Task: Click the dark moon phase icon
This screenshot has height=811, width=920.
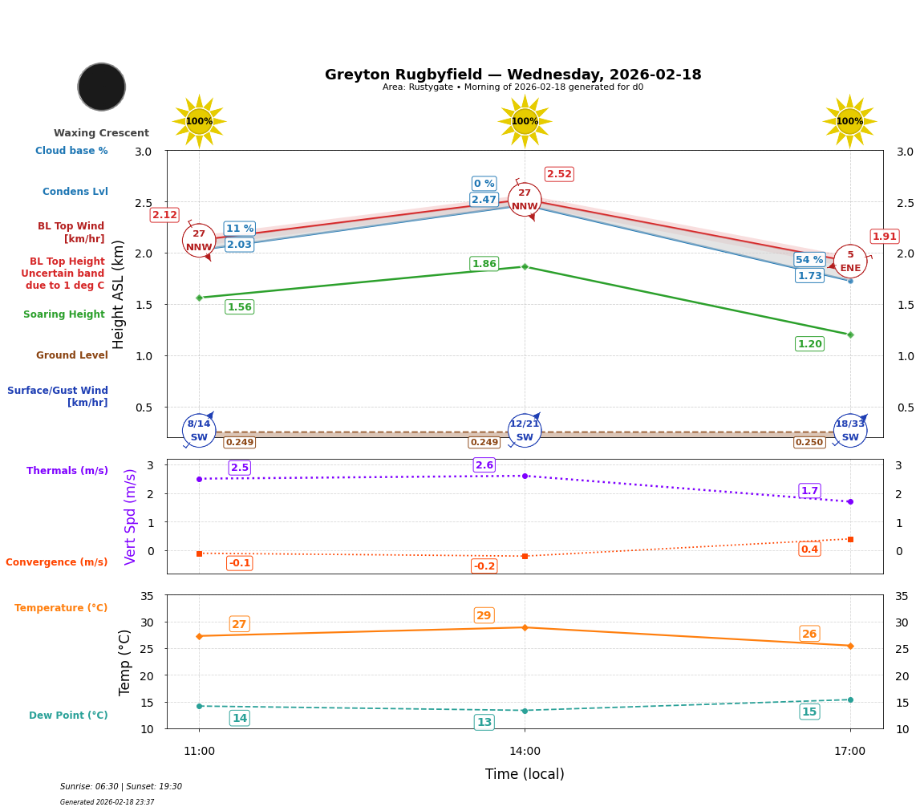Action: pos(102,87)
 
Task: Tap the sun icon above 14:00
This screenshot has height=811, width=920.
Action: pos(525,121)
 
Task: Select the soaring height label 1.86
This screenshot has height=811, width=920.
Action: pos(484,264)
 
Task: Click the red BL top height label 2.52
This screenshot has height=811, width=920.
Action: pos(559,174)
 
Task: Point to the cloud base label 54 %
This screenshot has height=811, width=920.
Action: pos(809,259)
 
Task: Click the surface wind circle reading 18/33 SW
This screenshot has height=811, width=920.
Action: pos(850,431)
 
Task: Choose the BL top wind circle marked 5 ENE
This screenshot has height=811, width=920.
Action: pos(850,262)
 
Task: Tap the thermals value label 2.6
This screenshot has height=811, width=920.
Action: pos(484,465)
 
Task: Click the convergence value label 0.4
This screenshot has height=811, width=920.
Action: pos(809,549)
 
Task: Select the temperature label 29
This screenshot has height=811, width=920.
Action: pos(484,615)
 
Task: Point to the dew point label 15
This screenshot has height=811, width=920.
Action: pos(809,712)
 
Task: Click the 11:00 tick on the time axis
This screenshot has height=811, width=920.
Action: pos(199,752)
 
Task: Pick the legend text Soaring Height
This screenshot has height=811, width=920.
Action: pos(64,314)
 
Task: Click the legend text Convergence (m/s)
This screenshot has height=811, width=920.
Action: pos(57,562)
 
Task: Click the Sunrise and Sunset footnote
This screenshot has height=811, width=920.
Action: pos(121,787)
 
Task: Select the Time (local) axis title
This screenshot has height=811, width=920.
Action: pos(525,774)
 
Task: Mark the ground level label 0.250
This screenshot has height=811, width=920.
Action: pos(809,442)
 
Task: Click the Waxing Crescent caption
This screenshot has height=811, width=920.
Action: pos(101,133)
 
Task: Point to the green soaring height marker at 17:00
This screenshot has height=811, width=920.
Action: pos(850,335)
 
